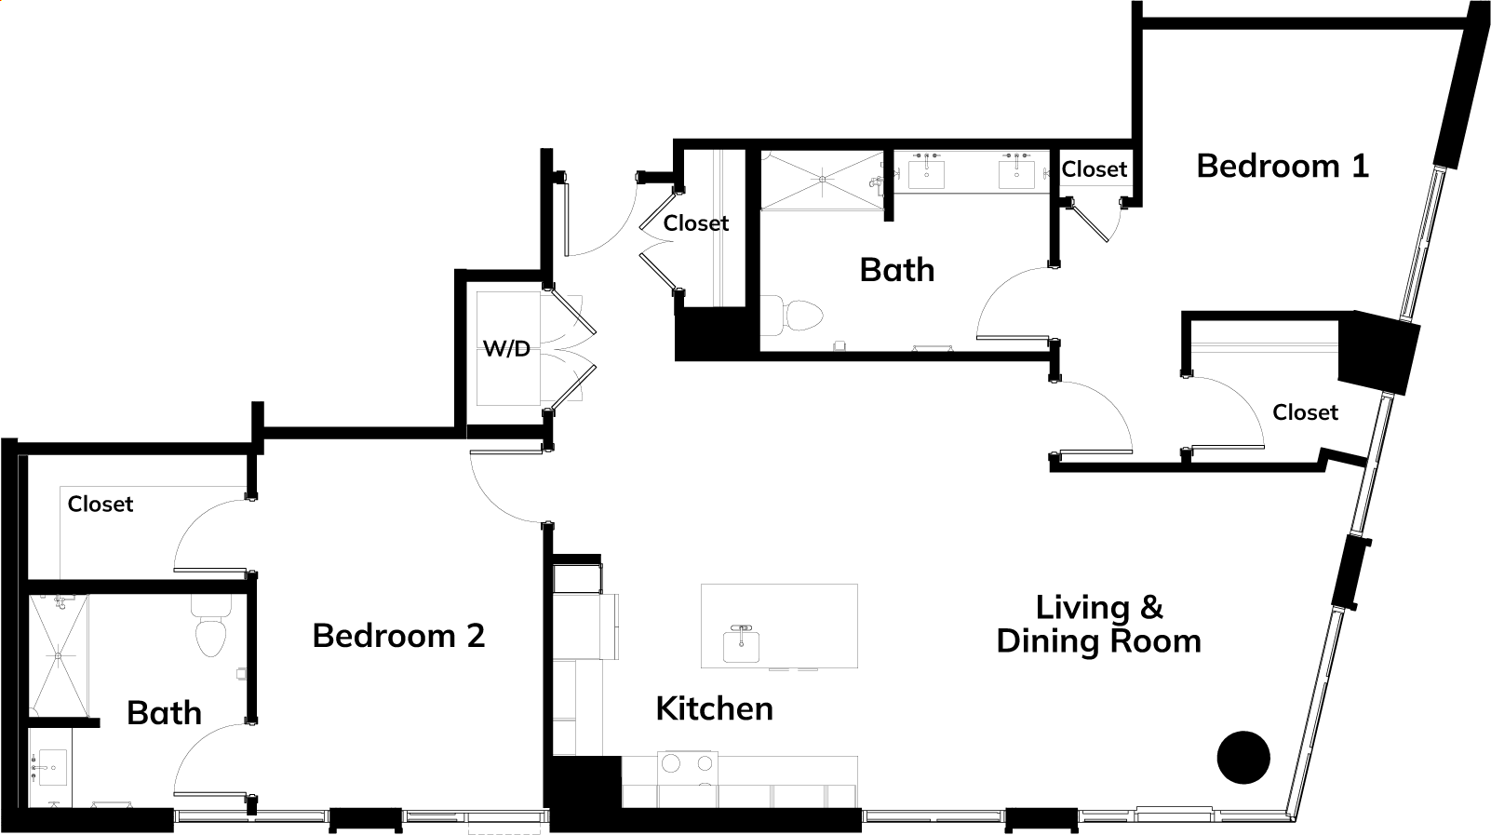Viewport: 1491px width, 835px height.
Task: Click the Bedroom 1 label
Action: tap(1283, 166)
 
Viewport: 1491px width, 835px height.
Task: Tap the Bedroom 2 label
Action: tap(398, 635)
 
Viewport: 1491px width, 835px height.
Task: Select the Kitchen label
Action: tap(714, 708)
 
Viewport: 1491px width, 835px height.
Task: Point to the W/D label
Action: tap(506, 348)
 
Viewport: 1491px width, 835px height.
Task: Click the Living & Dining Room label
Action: tap(1099, 625)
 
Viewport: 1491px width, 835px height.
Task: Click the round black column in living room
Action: tap(1243, 757)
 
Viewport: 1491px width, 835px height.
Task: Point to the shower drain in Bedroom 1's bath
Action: tap(823, 179)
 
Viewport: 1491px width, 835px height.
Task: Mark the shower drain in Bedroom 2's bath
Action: tap(58, 656)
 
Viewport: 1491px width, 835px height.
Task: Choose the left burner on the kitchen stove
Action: tap(670, 764)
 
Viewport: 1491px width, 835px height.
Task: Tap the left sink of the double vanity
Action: tap(927, 174)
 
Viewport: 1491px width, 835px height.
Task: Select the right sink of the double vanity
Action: tap(1016, 174)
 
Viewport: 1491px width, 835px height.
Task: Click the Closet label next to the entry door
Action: tap(696, 223)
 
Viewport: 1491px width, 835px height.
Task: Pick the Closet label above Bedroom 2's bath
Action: tap(101, 504)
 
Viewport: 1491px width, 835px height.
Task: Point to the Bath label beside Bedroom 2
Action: tap(165, 713)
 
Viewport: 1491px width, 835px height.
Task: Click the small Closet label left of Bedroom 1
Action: tap(1095, 169)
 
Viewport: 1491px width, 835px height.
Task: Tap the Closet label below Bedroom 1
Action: tap(1305, 412)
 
